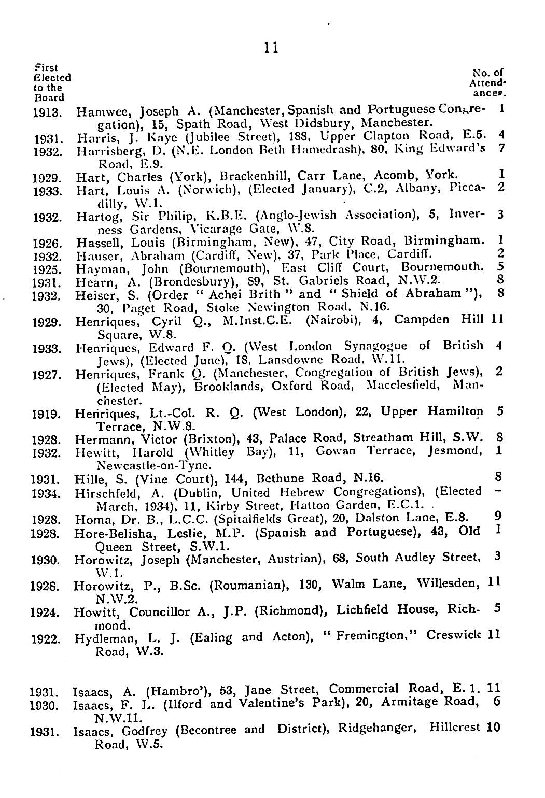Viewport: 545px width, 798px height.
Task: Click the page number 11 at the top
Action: (x=272, y=48)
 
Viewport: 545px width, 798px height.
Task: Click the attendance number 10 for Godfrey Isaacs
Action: (x=493, y=728)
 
